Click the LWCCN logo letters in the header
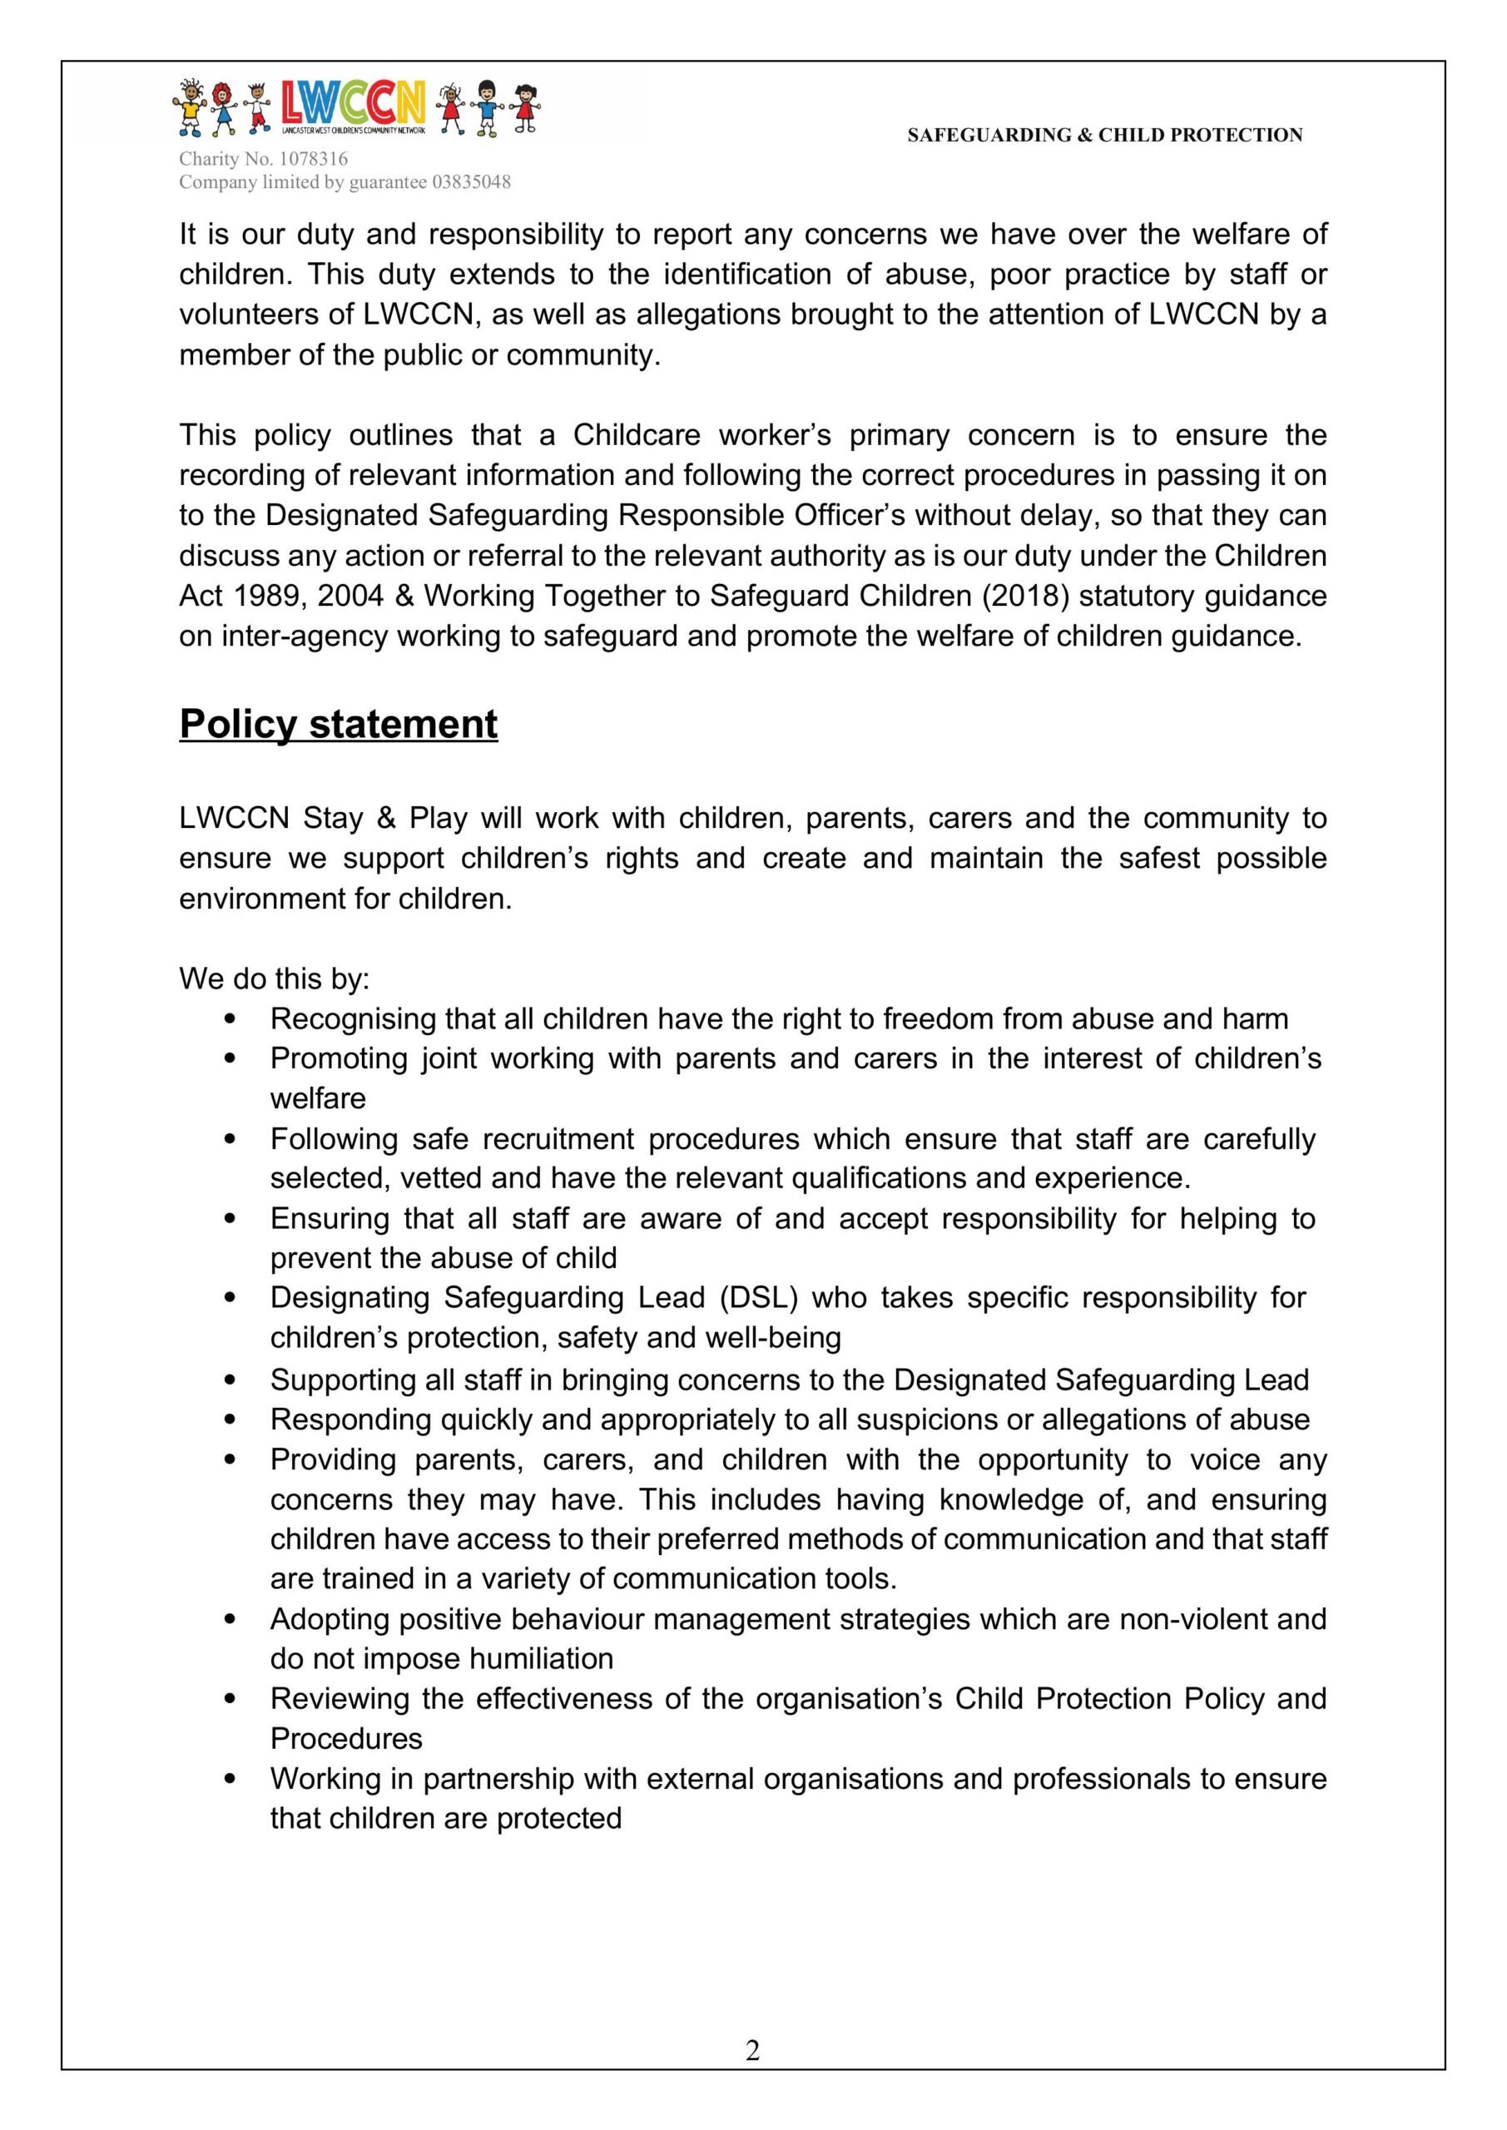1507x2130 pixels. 353,103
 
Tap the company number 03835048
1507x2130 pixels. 471,182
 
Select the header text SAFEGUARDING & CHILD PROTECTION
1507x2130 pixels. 1104,136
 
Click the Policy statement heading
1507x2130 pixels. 339,725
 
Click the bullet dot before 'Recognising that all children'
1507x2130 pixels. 231,1018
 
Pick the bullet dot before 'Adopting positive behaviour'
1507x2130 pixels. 231,1619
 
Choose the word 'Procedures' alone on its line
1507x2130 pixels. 346,1738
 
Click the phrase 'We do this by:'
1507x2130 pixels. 275,978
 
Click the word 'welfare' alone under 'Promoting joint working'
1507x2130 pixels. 318,1098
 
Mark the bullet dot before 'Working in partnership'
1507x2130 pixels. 231,1778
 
